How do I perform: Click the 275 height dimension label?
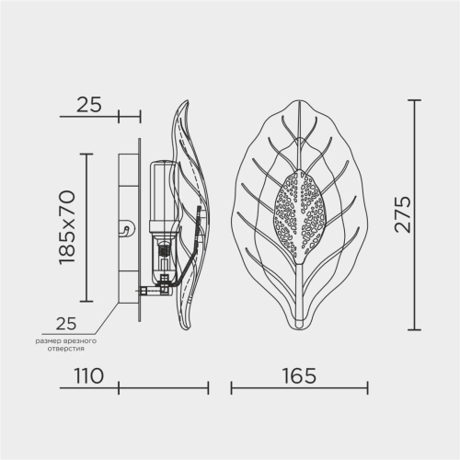(x=402, y=214)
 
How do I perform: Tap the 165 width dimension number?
(x=299, y=375)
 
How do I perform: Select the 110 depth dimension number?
(x=88, y=375)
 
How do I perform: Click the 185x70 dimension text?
(x=67, y=227)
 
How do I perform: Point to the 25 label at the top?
(x=88, y=105)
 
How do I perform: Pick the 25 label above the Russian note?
(x=66, y=323)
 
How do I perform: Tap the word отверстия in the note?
(x=65, y=349)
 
